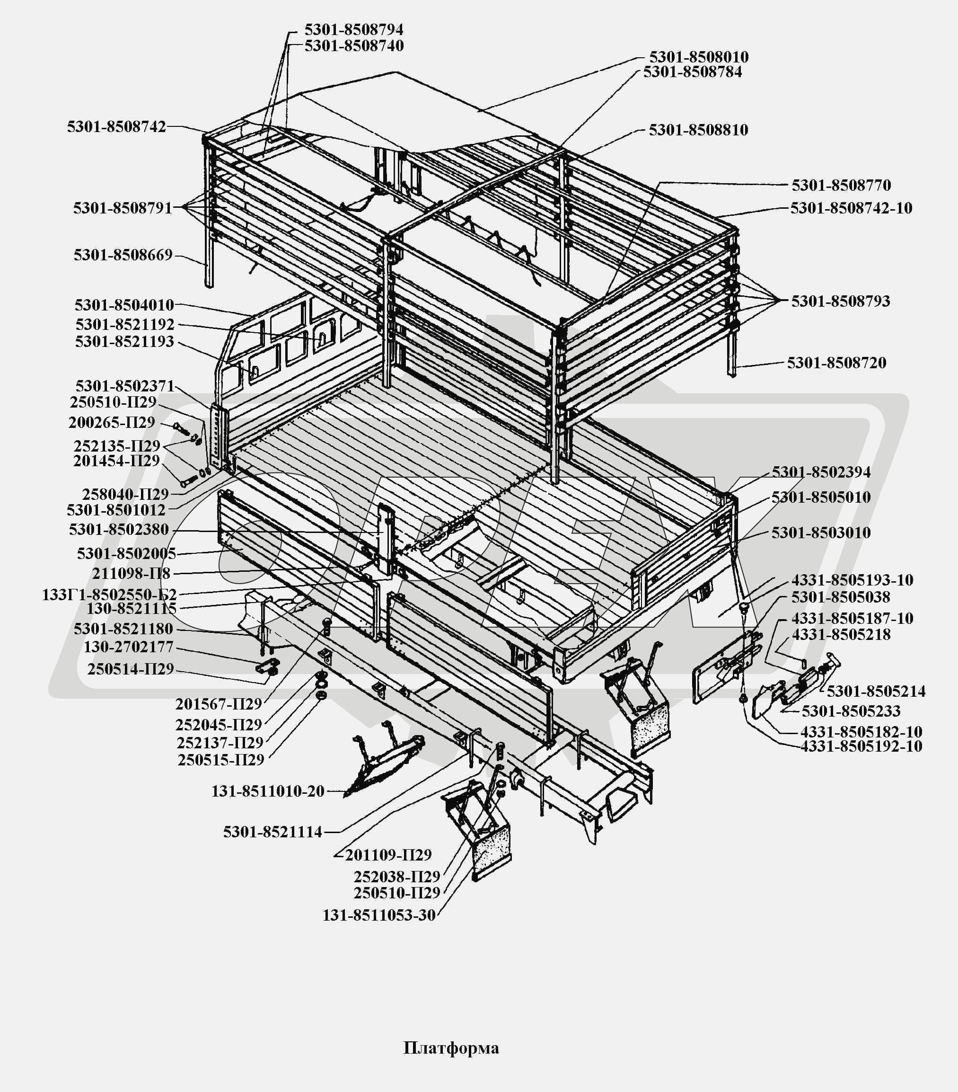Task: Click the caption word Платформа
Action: (x=451, y=1048)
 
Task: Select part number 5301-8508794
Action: (x=354, y=29)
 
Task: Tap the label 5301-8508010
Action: (x=699, y=57)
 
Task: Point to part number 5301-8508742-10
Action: (x=851, y=208)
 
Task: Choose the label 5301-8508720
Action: (x=837, y=363)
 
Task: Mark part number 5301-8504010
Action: (x=124, y=305)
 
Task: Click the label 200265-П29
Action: (x=112, y=423)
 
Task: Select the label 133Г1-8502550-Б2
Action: (x=109, y=595)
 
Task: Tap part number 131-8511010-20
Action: (x=268, y=791)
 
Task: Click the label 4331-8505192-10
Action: (x=861, y=746)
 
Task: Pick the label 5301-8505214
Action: (x=876, y=691)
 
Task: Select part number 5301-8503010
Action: (x=821, y=533)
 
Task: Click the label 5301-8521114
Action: (x=273, y=832)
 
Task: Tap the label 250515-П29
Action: (x=221, y=760)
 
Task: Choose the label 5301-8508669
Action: (x=123, y=255)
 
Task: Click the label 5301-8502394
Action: (x=821, y=472)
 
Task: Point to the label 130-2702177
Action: (x=129, y=647)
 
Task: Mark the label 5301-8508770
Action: (x=842, y=186)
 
